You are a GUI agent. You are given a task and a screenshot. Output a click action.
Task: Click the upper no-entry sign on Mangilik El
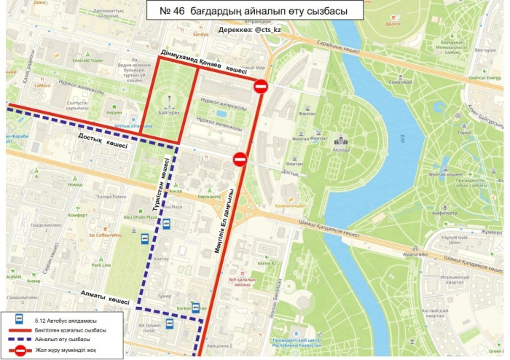[261, 87]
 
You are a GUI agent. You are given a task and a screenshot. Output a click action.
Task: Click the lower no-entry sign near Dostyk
[240, 159]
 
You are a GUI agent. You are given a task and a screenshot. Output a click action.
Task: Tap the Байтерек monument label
[168, 111]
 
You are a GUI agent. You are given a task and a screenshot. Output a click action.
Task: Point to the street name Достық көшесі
[103, 144]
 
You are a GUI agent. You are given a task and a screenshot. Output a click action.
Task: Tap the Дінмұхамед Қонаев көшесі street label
[203, 63]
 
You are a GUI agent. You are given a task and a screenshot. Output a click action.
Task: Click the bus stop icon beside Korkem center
[195, 307]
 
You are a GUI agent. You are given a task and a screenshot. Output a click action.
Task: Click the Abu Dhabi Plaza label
[140, 216]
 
